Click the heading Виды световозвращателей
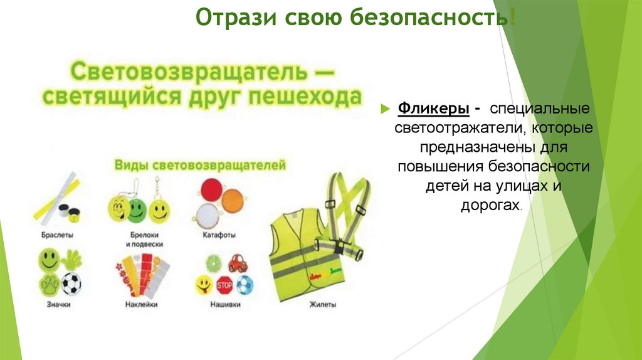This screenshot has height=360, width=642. tap(199, 165)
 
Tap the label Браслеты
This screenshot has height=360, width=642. tap(58, 235)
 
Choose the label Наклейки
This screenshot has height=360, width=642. tap(140, 304)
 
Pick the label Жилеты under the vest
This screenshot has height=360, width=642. tap(322, 305)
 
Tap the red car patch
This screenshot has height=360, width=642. tap(238, 263)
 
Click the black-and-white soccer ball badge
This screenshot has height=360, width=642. tap(71, 283)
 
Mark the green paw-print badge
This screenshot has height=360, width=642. tap(49, 284)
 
